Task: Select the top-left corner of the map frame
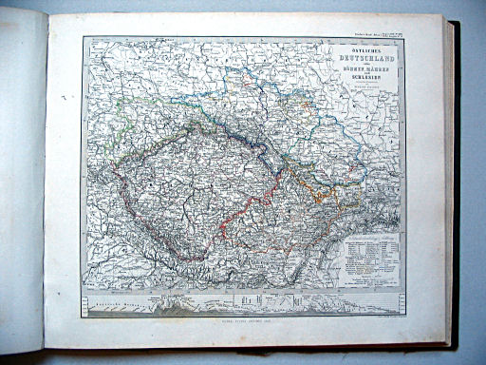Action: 84,37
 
